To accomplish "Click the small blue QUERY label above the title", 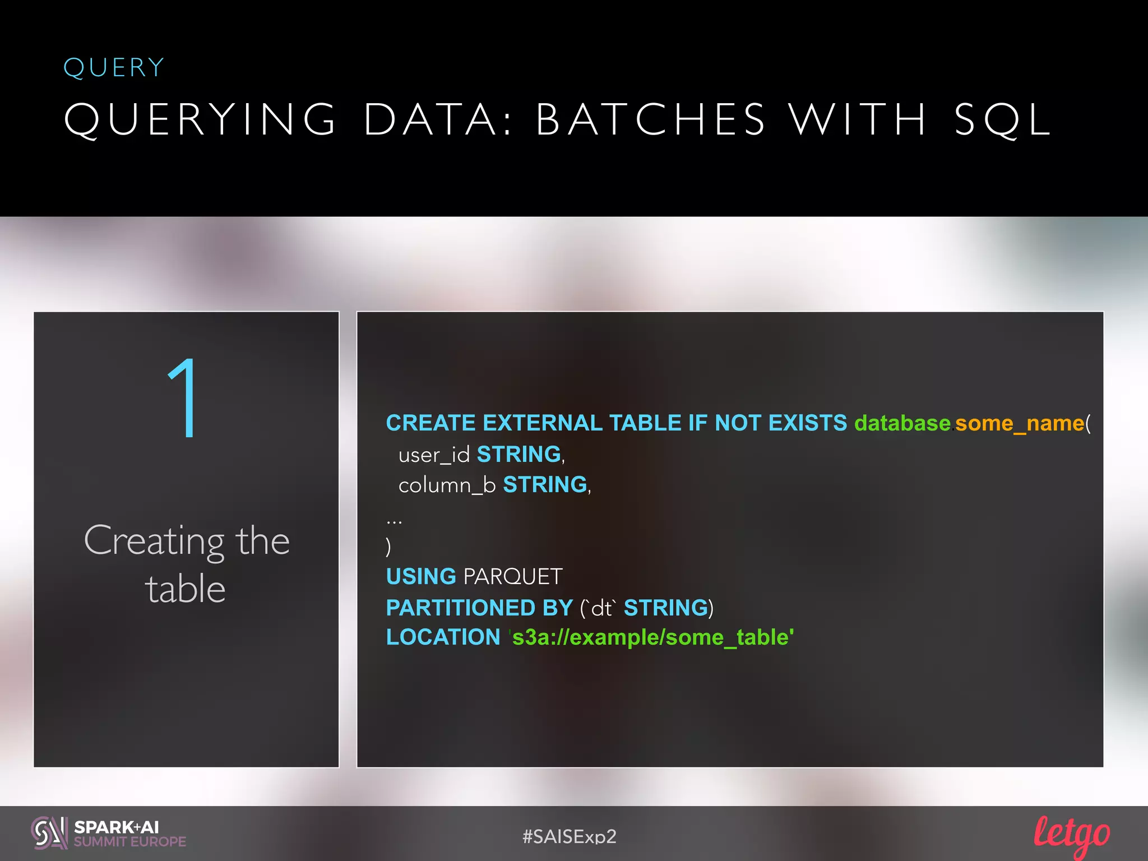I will click(x=114, y=68).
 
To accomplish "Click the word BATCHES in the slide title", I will click(x=650, y=119).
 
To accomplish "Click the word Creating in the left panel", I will click(x=155, y=541).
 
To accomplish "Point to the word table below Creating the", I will click(x=186, y=590).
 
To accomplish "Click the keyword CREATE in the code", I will click(x=430, y=423).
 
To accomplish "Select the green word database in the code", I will click(x=902, y=423).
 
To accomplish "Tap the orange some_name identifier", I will click(x=1020, y=423).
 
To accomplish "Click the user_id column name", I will click(x=434, y=455).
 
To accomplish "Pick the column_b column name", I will click(x=447, y=485).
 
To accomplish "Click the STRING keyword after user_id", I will click(x=519, y=454).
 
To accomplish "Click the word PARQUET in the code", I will click(x=513, y=576).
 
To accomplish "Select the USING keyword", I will click(x=421, y=576).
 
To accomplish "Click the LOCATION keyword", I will click(x=443, y=637).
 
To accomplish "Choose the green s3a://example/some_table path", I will click(x=652, y=637).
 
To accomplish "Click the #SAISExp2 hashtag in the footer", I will click(x=569, y=836).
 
